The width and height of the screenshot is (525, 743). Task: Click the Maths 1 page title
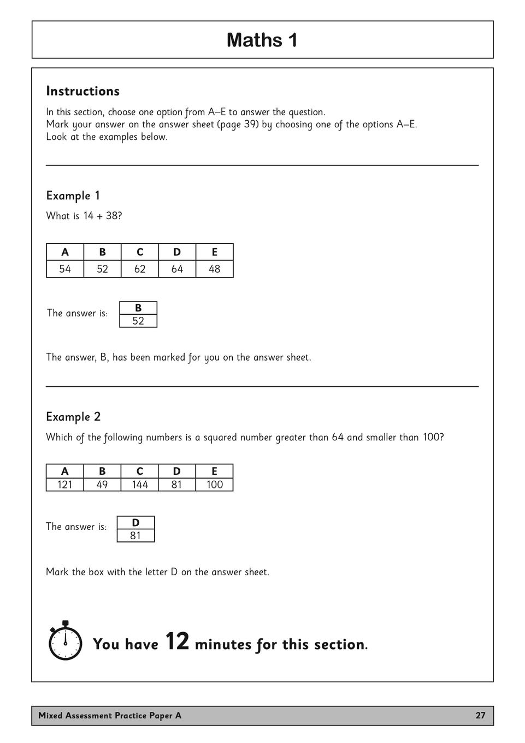262,40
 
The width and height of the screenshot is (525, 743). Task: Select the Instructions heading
82,91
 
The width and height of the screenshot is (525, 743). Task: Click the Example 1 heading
73,196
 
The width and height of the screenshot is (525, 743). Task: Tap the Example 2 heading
73,417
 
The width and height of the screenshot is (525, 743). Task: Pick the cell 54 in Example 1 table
65,269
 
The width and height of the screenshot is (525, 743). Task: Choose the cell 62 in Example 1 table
140,269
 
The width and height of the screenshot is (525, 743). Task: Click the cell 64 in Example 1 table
177,269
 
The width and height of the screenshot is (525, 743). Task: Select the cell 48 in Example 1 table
215,269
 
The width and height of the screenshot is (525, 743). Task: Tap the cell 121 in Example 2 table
65,485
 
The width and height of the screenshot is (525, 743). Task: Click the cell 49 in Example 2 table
102,485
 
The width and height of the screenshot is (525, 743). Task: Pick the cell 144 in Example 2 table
140,485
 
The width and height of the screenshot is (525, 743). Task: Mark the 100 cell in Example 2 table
215,485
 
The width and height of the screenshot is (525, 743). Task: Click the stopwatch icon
66,641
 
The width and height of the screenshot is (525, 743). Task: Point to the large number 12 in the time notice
177,641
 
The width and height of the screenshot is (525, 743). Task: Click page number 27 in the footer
480,716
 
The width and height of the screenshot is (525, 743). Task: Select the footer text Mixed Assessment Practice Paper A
110,716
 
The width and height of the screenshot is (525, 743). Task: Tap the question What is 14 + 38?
84,216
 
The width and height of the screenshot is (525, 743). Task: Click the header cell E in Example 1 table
215,252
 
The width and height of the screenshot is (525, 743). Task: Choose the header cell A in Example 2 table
65,471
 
